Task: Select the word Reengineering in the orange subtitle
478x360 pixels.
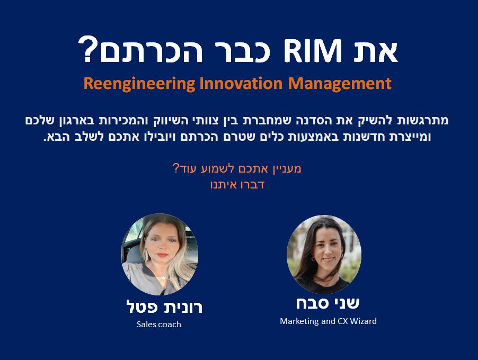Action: (x=139, y=84)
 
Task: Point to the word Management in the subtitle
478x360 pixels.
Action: (x=340, y=84)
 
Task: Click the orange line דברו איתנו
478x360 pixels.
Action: (x=237, y=185)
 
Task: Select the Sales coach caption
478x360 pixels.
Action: (x=159, y=325)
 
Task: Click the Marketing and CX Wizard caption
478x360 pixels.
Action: (x=329, y=321)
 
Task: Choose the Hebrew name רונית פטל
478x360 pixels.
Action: (x=164, y=307)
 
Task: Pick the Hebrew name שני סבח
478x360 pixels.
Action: (x=328, y=303)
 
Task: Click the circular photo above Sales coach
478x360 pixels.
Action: (x=160, y=254)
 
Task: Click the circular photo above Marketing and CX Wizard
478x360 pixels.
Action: (x=324, y=255)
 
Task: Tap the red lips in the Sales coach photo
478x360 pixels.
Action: (x=163, y=255)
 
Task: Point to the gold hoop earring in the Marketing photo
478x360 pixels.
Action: (x=313, y=258)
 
